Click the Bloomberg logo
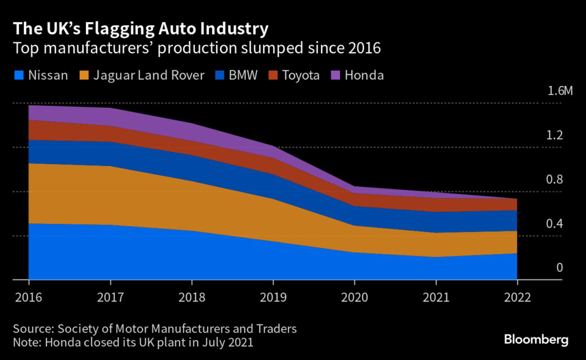[x=536, y=340]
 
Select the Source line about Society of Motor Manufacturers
[x=156, y=329]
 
